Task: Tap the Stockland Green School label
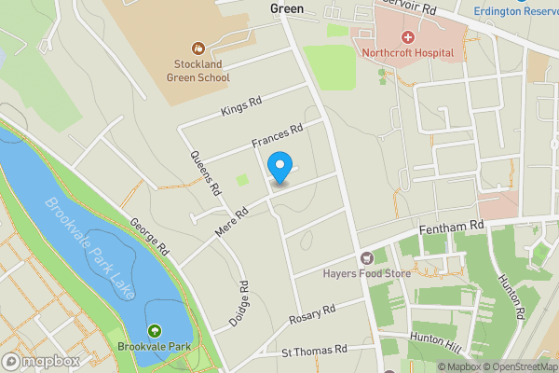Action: click(198, 71)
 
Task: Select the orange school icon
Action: click(198, 48)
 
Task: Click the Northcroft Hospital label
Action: click(407, 53)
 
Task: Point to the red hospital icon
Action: click(407, 36)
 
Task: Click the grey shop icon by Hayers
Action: click(366, 257)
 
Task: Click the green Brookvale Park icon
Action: click(155, 330)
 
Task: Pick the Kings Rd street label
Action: click(241, 106)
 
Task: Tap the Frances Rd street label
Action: click(278, 138)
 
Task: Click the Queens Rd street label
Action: click(206, 173)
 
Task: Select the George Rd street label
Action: click(148, 237)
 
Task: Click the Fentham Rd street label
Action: click(453, 226)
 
